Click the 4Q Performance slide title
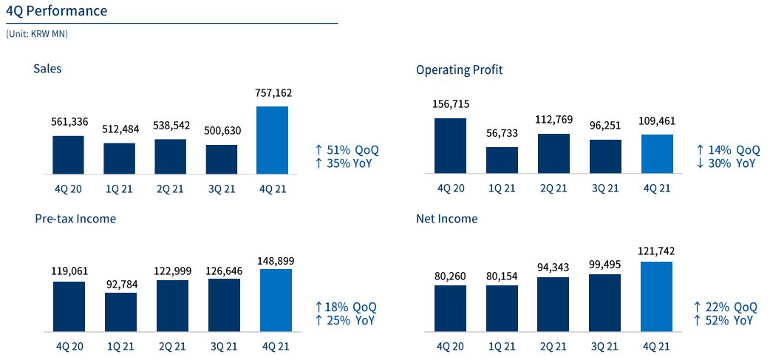[56, 11]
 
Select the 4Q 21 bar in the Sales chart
[272, 140]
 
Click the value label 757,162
[272, 93]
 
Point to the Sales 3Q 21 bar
[221, 159]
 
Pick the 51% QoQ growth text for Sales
[347, 149]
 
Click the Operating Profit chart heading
[459, 70]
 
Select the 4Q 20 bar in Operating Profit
[451, 146]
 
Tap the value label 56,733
[502, 134]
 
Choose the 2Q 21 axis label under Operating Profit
[553, 189]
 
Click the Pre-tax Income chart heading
[75, 219]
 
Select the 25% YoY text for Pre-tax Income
[345, 320]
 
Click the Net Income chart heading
[446, 219]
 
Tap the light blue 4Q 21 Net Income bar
[656, 296]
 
